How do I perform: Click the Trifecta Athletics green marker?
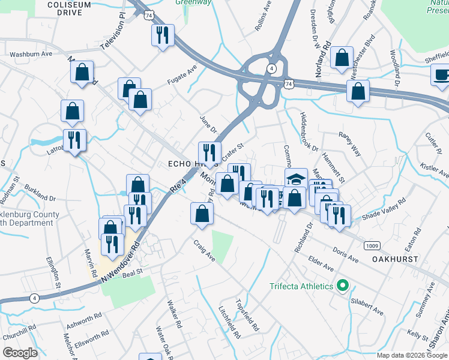343,286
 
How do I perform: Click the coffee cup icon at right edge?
441,75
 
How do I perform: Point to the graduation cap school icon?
295,179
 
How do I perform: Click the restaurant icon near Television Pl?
163,35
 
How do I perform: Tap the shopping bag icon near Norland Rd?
342,58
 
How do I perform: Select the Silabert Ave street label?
367,306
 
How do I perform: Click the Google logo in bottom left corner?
19,353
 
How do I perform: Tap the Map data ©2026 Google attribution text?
412,355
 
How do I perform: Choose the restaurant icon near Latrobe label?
74,140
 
